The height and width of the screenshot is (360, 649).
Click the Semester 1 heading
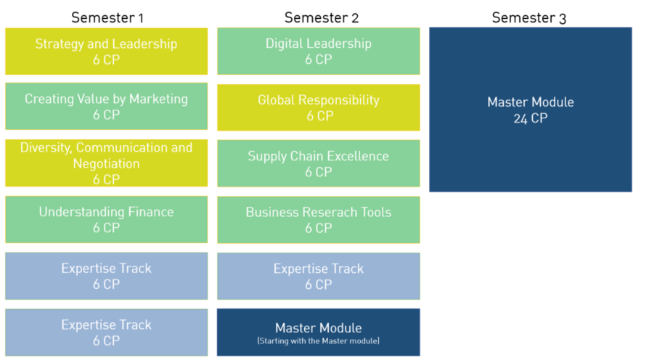point(107,17)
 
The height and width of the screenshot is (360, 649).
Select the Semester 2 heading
point(321,17)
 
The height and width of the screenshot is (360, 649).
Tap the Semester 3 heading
point(529,17)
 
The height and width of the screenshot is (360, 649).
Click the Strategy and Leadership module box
point(106,52)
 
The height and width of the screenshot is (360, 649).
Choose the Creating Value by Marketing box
point(106,107)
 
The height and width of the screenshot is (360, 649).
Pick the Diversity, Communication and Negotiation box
point(106,163)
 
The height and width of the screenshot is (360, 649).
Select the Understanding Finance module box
point(106,219)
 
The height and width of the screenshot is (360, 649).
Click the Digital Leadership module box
point(318,52)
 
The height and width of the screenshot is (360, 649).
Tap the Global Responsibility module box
point(318,107)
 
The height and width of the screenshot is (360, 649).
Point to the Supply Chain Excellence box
point(318,163)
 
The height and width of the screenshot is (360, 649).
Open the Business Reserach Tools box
point(318,219)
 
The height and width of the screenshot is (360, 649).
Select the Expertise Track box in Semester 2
point(318,276)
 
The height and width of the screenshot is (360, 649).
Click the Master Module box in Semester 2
point(318,332)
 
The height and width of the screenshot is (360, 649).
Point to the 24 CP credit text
point(530,119)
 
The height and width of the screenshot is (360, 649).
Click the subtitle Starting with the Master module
point(318,341)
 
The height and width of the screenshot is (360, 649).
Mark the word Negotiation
point(106,164)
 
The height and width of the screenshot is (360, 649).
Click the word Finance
point(149,212)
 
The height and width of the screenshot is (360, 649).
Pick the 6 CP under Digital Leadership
point(318,60)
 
